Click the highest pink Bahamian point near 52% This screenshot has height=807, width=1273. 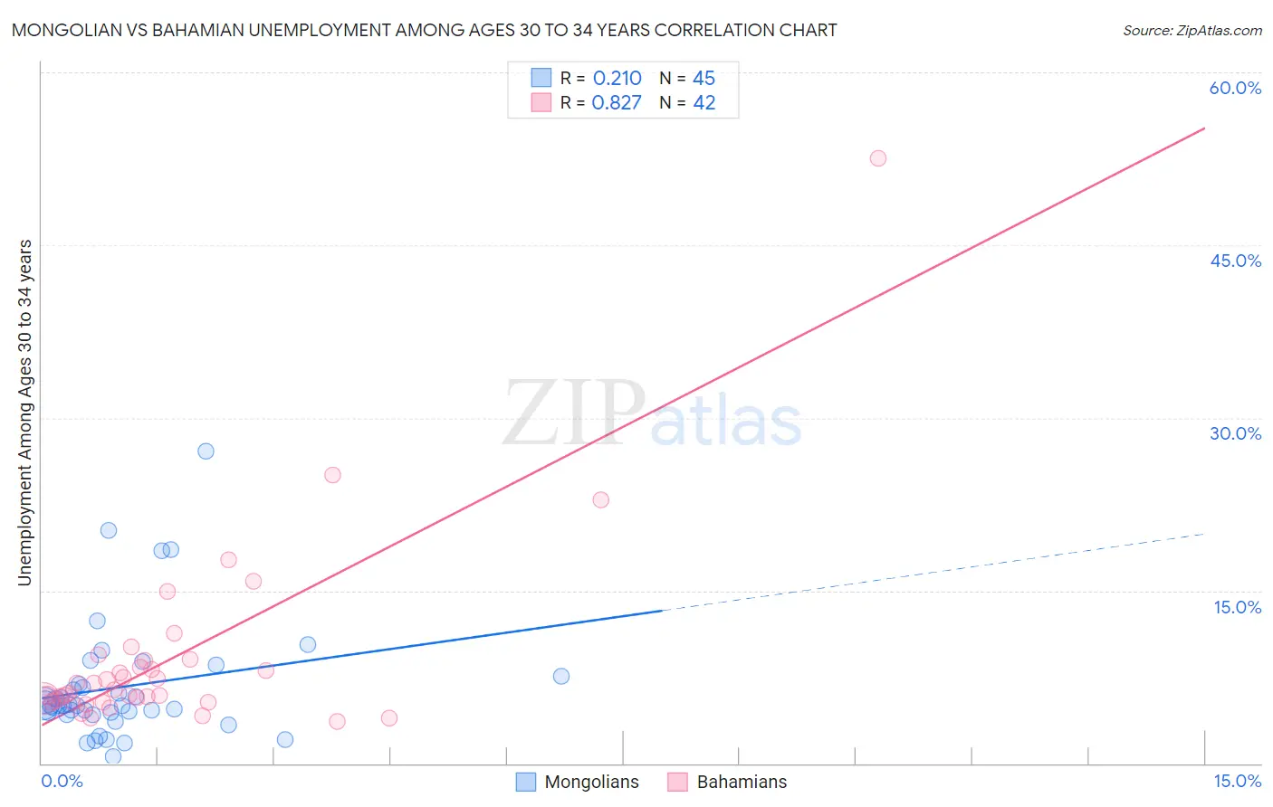pos(877,158)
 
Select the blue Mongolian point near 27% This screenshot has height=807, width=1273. pos(206,451)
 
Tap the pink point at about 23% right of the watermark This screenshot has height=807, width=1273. pos(600,499)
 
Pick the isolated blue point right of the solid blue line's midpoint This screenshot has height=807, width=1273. pos(560,676)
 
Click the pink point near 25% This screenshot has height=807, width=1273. pos(332,475)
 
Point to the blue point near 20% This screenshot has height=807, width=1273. pos(109,530)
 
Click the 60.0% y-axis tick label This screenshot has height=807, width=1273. pos(1235,88)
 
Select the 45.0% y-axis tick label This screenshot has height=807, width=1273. pos(1235,261)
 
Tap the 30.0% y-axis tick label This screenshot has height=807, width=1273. pos(1235,433)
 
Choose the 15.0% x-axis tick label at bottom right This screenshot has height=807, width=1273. pos(1237,781)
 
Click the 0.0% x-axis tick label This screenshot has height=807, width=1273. pos(62,781)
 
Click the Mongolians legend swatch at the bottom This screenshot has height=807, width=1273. pos(526,782)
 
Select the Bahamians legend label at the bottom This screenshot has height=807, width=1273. pos(742,782)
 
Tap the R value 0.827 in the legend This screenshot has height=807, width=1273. pos(617,102)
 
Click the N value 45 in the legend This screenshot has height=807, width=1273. pos(703,78)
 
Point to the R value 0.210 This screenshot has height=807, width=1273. pos(617,78)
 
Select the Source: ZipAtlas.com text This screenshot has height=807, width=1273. pos(1192,30)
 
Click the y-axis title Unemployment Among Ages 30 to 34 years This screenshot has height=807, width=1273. pos(24,413)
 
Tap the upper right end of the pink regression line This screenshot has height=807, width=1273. pos(1204,128)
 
